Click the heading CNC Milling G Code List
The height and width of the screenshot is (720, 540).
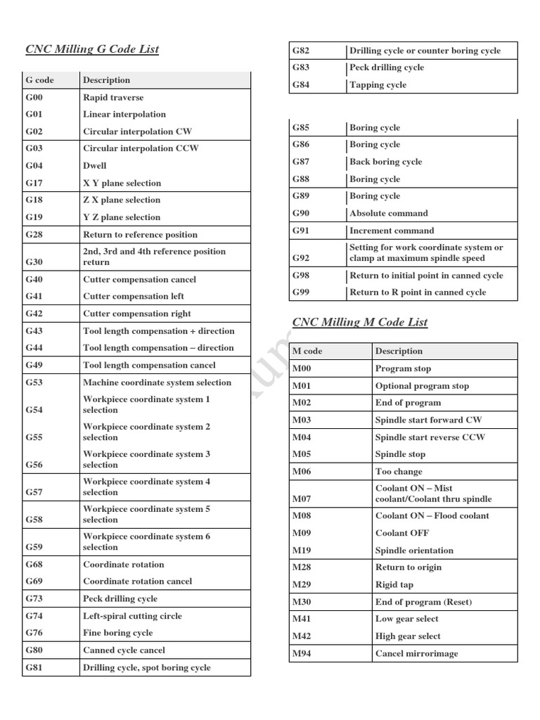pyautogui.click(x=92, y=49)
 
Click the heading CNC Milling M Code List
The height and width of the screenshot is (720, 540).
pyautogui.click(x=359, y=322)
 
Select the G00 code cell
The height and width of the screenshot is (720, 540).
pyautogui.click(x=34, y=98)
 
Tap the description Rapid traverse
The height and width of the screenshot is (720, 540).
pyautogui.click(x=113, y=98)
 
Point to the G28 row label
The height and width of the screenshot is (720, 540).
pyautogui.click(x=34, y=235)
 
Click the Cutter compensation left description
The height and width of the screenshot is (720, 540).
pyautogui.click(x=134, y=297)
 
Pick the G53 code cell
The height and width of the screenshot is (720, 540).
pyautogui.click(x=34, y=383)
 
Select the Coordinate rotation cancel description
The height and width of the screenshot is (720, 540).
pyautogui.click(x=137, y=581)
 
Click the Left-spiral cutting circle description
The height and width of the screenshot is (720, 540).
pyautogui.click(x=132, y=616)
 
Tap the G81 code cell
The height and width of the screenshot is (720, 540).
pyautogui.click(x=34, y=668)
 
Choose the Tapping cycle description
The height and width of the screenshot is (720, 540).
pyautogui.click(x=378, y=85)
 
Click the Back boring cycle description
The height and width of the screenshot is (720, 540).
pyautogui.click(x=386, y=162)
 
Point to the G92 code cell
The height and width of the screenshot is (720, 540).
pyautogui.click(x=301, y=258)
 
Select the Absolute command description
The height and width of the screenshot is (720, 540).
pyautogui.click(x=389, y=214)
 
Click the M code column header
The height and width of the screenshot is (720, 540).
pyautogui.click(x=307, y=351)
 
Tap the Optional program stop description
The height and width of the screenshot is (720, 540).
pyautogui.click(x=422, y=386)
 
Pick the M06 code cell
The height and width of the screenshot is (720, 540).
pyautogui.click(x=302, y=472)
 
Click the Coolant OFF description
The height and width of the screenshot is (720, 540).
pyautogui.click(x=402, y=533)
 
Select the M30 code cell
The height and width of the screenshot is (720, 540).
pyautogui.click(x=302, y=602)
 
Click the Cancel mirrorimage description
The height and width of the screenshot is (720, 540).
pyautogui.click(x=416, y=654)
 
